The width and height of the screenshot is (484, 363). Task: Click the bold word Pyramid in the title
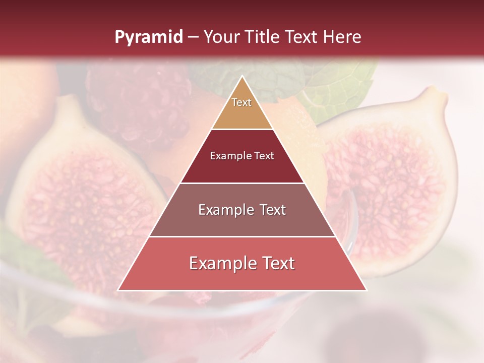tap(148, 37)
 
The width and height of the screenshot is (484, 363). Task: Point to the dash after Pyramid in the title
tap(193, 37)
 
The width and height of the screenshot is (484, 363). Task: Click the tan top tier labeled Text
tap(242, 108)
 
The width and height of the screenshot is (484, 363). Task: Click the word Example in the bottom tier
tap(218, 263)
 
